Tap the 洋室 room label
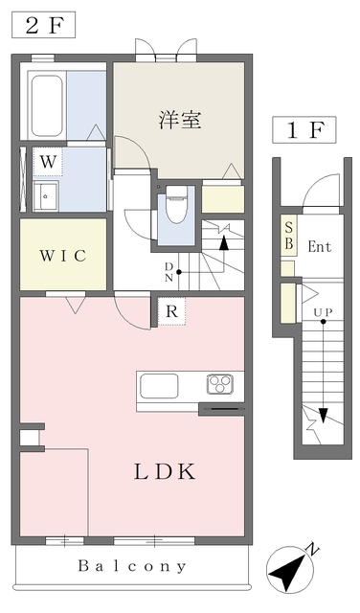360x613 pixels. pyautogui.click(x=179, y=121)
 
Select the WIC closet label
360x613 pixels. pyautogui.click(x=63, y=256)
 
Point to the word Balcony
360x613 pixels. pyautogui.click(x=133, y=566)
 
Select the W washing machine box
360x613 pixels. pyautogui.click(x=47, y=161)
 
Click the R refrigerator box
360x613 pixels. pyautogui.click(x=169, y=311)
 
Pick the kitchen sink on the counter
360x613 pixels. pyautogui.click(x=159, y=386)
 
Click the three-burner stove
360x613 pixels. pyautogui.click(x=221, y=385)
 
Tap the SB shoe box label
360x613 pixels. pyautogui.click(x=289, y=236)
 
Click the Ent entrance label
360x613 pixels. pyautogui.click(x=319, y=247)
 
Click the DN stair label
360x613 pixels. pyautogui.click(x=169, y=271)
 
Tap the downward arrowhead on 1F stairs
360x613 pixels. pyautogui.click(x=324, y=415)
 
